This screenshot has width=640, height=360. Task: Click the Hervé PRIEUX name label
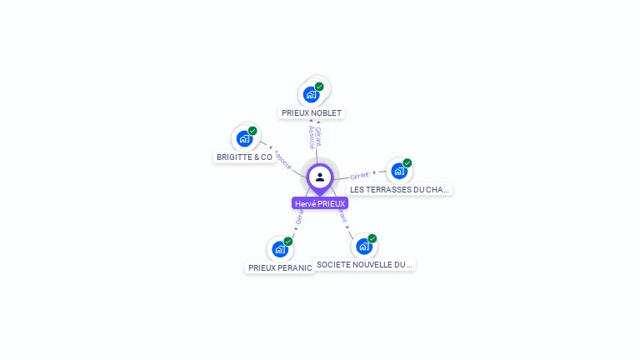pos(320,203)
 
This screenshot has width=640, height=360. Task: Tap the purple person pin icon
pos(320,177)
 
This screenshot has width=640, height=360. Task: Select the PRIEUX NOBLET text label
pos(312,112)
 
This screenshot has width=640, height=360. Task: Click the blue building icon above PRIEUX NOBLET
pos(311,94)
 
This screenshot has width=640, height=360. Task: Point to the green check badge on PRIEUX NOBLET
pos(319,87)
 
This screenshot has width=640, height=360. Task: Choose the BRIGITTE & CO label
pos(244,157)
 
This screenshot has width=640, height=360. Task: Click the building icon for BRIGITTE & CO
pos(244,138)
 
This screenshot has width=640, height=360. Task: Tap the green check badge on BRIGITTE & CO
pos(252,131)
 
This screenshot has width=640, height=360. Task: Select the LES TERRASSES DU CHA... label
pos(399,189)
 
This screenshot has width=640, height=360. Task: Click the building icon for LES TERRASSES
pos(399,171)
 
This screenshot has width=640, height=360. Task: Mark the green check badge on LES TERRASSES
pos(407,163)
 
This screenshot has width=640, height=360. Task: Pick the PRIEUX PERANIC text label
pos(280,267)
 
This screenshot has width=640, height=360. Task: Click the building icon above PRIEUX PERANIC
pos(280,248)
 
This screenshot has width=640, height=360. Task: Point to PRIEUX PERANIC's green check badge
pos(288,241)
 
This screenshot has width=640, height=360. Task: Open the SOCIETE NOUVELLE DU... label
pos(364,264)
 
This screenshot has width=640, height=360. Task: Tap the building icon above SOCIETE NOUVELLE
pos(364,246)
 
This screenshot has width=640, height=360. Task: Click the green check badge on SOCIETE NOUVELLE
pos(372,238)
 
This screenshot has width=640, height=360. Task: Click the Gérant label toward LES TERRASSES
pos(359,176)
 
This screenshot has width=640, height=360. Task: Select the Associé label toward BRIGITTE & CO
pos(282,157)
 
